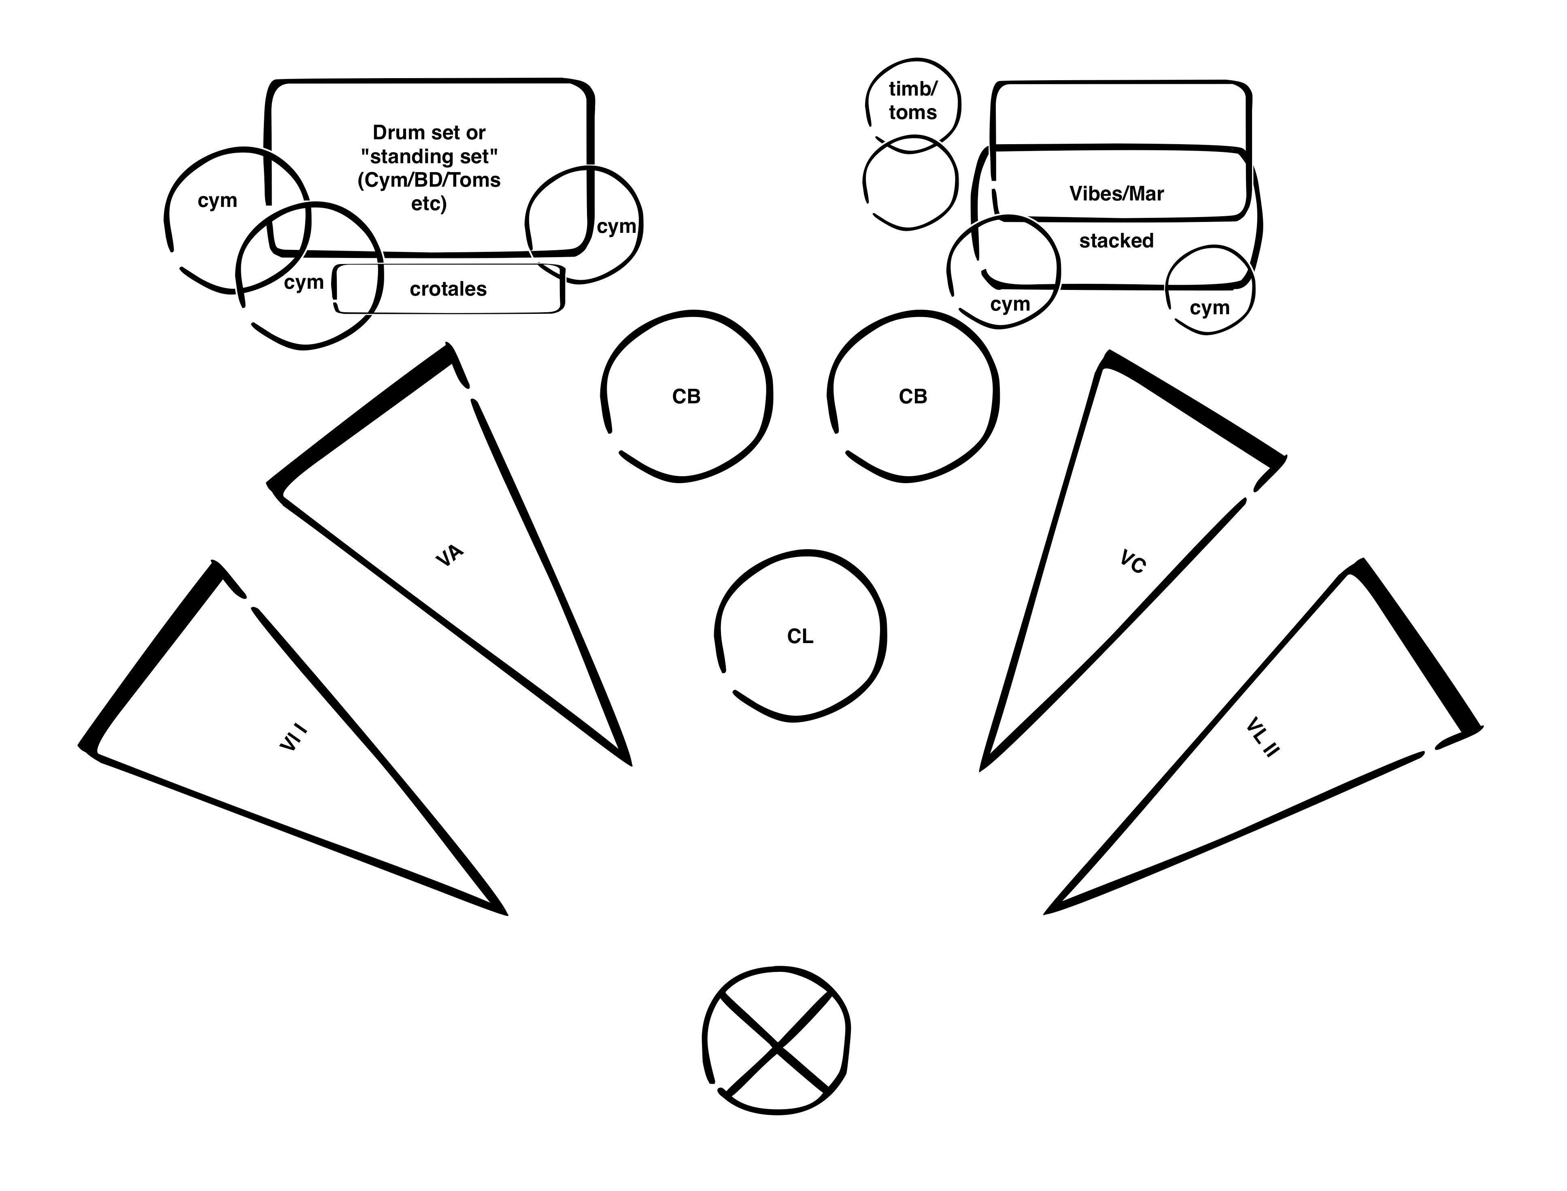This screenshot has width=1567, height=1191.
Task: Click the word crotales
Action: (448, 289)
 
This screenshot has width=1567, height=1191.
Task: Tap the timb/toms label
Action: (913, 101)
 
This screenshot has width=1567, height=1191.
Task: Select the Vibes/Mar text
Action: (1116, 194)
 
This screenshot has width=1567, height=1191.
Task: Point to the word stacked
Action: (1116, 241)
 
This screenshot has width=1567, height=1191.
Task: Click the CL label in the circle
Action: (800, 637)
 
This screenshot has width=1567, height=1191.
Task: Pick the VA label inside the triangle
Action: (449, 555)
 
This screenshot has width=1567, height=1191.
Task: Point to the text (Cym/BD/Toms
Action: (429, 180)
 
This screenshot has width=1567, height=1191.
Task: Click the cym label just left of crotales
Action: (303, 282)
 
